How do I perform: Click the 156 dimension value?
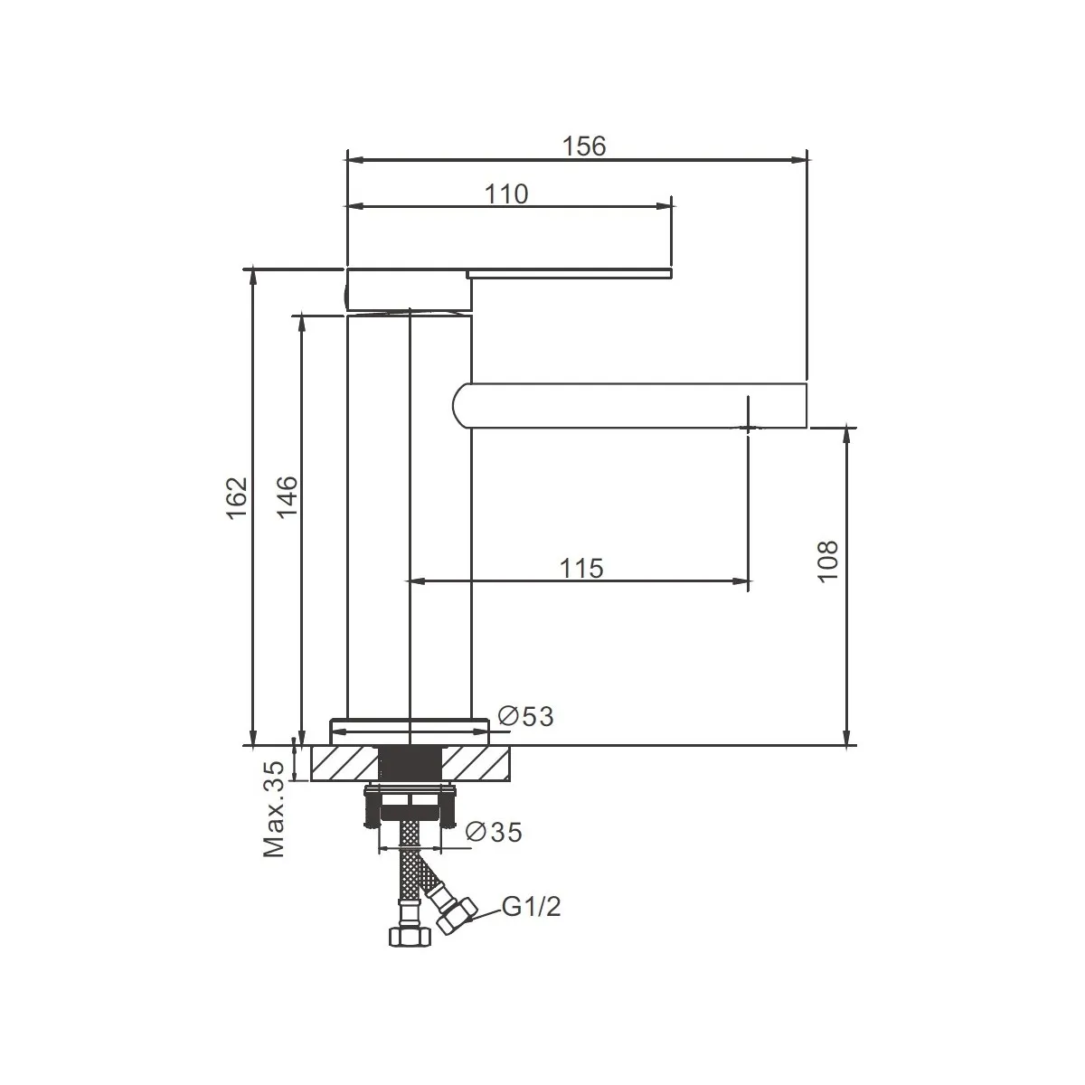pyautogui.click(x=584, y=146)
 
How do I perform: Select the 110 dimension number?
pyautogui.click(x=506, y=194)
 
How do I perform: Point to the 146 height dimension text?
pyautogui.click(x=287, y=496)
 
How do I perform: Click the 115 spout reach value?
pyautogui.click(x=581, y=569)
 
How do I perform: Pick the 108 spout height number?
pyautogui.click(x=827, y=561)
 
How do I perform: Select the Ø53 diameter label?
pyautogui.click(x=526, y=716)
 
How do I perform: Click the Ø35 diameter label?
pyautogui.click(x=495, y=832)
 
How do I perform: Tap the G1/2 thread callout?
pyautogui.click(x=531, y=907)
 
